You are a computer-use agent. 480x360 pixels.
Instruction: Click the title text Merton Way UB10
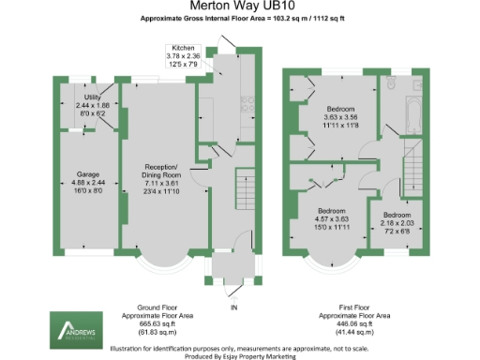tap(240, 7)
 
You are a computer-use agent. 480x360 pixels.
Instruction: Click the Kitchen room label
tap(183, 47)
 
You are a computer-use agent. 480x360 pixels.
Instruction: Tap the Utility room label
tap(92, 97)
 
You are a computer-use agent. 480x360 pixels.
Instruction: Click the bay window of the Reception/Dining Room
tap(157, 265)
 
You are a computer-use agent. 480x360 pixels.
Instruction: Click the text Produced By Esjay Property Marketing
tap(240, 353)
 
